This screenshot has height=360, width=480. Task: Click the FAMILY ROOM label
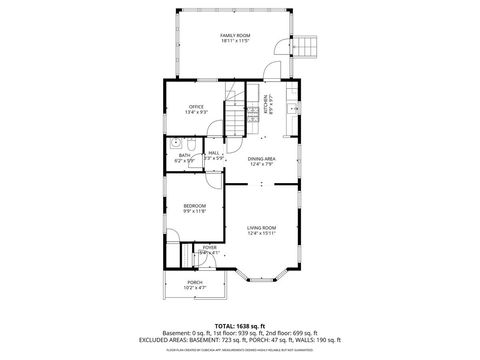pyautogui.click(x=235, y=35)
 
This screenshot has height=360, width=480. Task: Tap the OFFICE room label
pyautogui.click(x=196, y=106)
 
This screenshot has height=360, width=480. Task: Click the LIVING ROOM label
pyautogui.click(x=262, y=228)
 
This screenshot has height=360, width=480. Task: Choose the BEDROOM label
pyautogui.click(x=194, y=206)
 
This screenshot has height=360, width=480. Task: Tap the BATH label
pyautogui.click(x=184, y=155)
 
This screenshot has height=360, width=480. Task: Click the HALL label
pyautogui.click(x=214, y=153)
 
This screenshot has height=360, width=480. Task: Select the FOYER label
pyautogui.click(x=210, y=247)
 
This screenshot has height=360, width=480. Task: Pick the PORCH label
pyautogui.click(x=195, y=283)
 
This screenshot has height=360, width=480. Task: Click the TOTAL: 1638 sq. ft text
pyautogui.click(x=240, y=326)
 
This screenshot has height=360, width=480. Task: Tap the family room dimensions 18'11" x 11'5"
pyautogui.click(x=235, y=42)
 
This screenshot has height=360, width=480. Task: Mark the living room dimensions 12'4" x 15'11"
pyautogui.click(x=262, y=235)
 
